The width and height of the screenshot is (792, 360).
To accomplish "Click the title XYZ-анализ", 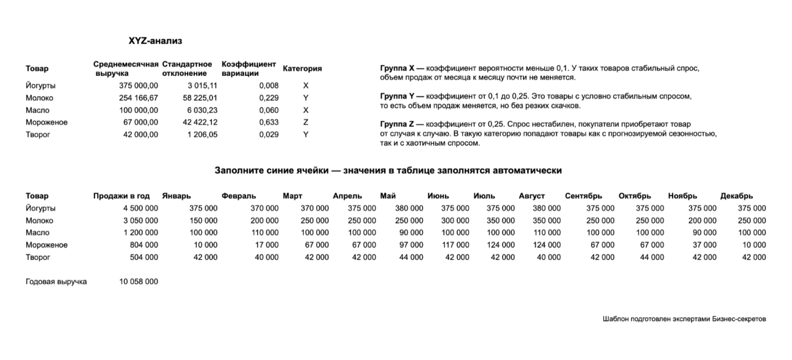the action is (155, 41).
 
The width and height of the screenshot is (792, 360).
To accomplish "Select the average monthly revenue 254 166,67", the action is (138, 98).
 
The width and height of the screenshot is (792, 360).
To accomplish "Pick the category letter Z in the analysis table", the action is (306, 122).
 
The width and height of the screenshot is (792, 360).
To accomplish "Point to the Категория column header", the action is (302, 69).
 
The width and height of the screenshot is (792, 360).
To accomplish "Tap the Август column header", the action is (532, 196).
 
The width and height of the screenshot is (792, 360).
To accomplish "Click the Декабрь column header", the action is (737, 196).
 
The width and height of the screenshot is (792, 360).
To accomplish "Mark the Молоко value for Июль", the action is (501, 221).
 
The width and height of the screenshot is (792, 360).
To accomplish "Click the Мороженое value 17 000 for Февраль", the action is (266, 245).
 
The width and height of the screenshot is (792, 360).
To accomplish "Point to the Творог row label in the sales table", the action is (38, 257).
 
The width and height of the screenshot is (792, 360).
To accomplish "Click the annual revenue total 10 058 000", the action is (139, 282).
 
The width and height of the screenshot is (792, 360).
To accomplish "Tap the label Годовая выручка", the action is (56, 282).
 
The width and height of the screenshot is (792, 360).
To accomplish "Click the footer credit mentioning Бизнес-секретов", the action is (684, 319).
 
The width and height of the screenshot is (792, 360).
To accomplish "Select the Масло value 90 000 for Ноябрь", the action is (702, 233).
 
